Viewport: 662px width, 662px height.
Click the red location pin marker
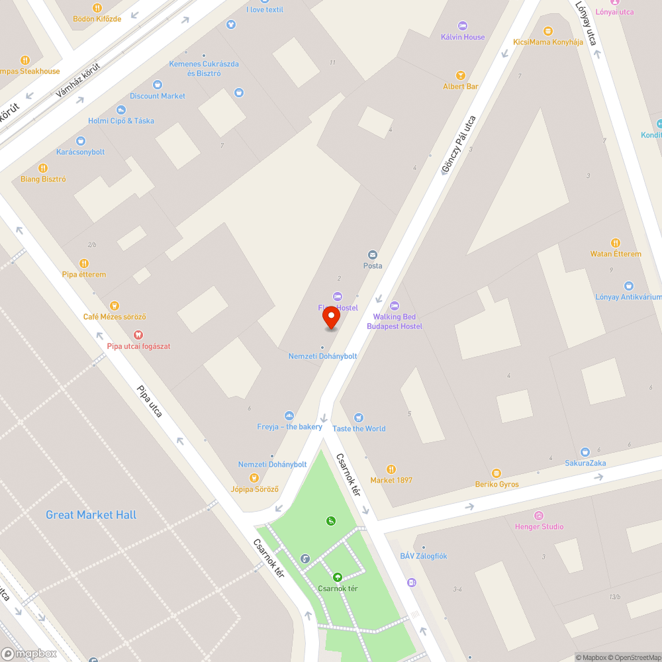click(331, 318)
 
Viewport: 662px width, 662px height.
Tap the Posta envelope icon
click(373, 255)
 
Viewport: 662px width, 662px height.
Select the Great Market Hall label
click(91, 515)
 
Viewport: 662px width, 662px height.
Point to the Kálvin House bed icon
click(463, 26)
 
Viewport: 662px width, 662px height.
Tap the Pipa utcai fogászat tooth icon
click(138, 335)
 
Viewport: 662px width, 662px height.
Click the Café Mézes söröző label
click(115, 317)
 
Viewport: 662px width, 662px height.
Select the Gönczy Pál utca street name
click(459, 145)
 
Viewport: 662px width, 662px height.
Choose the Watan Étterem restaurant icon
click(616, 243)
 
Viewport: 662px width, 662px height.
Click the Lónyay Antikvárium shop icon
click(628, 286)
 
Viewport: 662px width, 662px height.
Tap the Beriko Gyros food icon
click(496, 473)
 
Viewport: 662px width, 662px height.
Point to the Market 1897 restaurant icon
click(391, 469)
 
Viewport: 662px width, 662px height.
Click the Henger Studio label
click(540, 527)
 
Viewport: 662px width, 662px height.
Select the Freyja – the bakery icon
click(289, 416)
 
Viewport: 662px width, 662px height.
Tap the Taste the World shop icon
click(359, 418)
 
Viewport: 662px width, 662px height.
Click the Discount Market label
click(158, 96)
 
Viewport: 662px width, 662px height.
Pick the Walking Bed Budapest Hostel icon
click(395, 306)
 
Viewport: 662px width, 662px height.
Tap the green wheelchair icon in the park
click(330, 521)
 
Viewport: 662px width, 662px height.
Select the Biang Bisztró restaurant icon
click(43, 168)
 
